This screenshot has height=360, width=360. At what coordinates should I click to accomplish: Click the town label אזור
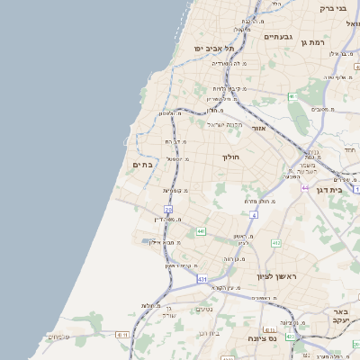(258, 129)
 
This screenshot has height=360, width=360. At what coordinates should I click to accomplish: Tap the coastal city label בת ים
(142, 165)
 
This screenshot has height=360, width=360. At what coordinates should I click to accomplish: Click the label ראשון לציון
(275, 276)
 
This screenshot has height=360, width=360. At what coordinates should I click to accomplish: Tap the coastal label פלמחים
(58, 337)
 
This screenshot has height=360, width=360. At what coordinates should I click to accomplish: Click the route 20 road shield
(168, 210)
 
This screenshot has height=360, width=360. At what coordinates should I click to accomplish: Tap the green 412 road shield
(276, 243)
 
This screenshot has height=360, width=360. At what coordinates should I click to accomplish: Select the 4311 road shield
(121, 335)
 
